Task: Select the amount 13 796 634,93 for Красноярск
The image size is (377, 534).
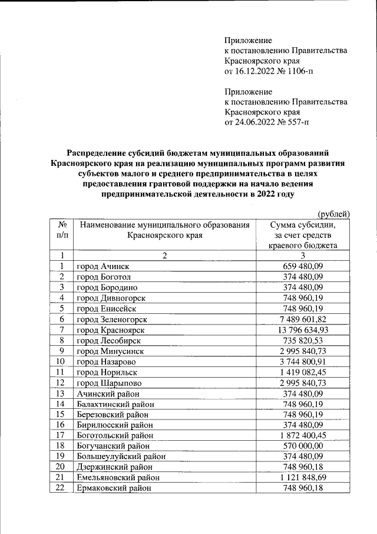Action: pyautogui.click(x=303, y=329)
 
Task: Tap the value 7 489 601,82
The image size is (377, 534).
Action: pyautogui.click(x=303, y=319)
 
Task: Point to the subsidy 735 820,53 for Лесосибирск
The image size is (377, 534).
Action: pyautogui.click(x=303, y=340)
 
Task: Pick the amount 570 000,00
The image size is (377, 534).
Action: pyautogui.click(x=303, y=445)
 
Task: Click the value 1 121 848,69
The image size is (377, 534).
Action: pyautogui.click(x=303, y=477)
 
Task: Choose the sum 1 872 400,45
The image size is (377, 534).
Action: pyautogui.click(x=303, y=435)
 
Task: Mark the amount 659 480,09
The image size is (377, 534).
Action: pyautogui.click(x=303, y=267)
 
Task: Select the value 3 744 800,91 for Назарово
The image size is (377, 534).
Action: pyautogui.click(x=303, y=361)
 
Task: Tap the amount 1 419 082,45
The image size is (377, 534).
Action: pyautogui.click(x=303, y=372)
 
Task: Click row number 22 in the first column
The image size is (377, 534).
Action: pyautogui.click(x=60, y=487)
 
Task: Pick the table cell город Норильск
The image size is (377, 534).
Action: pyautogui.click(x=107, y=372)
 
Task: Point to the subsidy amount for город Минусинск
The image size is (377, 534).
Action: pyautogui.click(x=303, y=350)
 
